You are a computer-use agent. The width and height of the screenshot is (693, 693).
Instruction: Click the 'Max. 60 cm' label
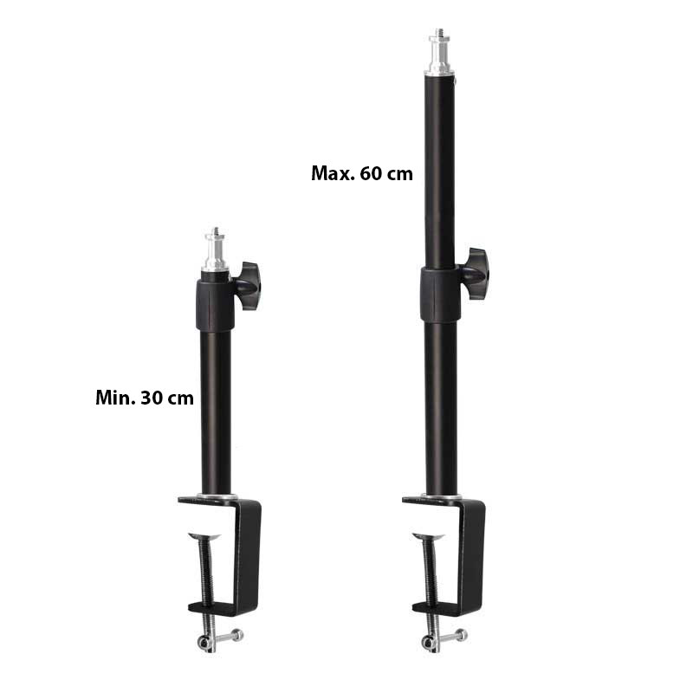tap(361, 173)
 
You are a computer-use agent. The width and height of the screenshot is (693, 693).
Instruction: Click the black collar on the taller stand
tap(439, 295)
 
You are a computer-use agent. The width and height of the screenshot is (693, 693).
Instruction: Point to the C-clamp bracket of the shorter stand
tap(248, 554)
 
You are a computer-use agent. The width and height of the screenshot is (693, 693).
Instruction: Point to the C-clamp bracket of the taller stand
tap(473, 554)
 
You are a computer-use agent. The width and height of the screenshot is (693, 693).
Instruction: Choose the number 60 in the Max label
tap(374, 173)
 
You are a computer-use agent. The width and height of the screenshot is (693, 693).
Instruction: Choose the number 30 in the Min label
tap(152, 398)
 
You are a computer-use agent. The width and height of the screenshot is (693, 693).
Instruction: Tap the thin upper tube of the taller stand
tap(439, 173)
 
